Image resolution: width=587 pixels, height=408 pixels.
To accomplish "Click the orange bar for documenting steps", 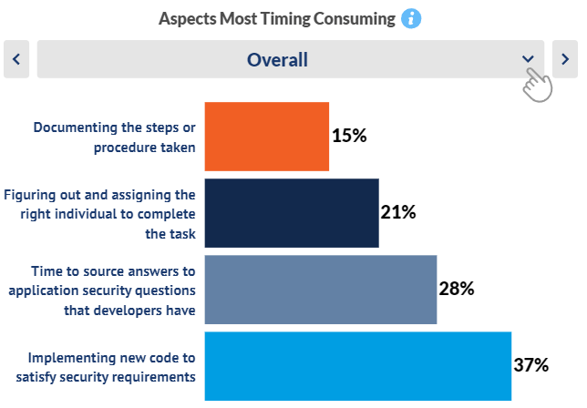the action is coord(267,137).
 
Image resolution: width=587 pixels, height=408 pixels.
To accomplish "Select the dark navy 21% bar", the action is coord(292,213).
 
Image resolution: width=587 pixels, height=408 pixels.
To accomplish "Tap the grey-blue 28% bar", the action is coord(321,290).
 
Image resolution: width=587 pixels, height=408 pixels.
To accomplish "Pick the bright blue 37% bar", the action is coord(358,366).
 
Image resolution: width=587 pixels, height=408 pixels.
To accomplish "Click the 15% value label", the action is coord(349,136).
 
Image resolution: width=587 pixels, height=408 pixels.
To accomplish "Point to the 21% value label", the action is coord(398,212).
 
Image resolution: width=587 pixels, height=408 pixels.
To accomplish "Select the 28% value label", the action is coord(457,289).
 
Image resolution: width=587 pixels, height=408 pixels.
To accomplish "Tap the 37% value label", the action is coord(531,365).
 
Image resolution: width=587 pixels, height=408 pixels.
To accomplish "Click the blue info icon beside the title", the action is coord(411,19).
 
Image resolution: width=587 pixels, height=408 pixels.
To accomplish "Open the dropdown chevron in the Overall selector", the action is coord(528,58).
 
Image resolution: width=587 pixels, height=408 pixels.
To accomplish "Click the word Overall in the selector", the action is coord(277,60).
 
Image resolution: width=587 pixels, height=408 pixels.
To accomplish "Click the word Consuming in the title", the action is coord(355,19).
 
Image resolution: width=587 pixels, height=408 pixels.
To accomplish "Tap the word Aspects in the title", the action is coord(188,19).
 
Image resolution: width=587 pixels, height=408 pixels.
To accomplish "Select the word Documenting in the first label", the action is coord(76,127).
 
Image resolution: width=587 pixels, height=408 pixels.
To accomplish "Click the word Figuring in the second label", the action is coord(28,195).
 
